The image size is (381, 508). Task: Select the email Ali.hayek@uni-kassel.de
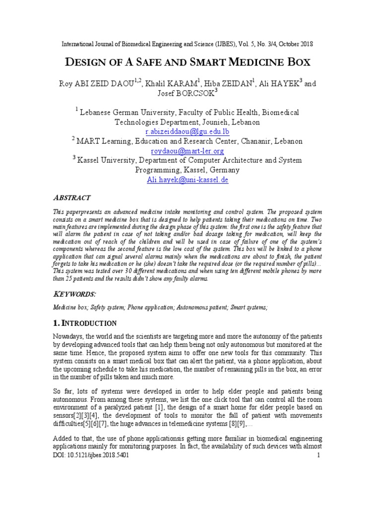click(x=188, y=180)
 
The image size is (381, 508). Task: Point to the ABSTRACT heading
click(x=71, y=197)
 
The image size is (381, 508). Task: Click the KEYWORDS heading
click(x=75, y=294)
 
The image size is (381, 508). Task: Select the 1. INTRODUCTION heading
click(x=85, y=323)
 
